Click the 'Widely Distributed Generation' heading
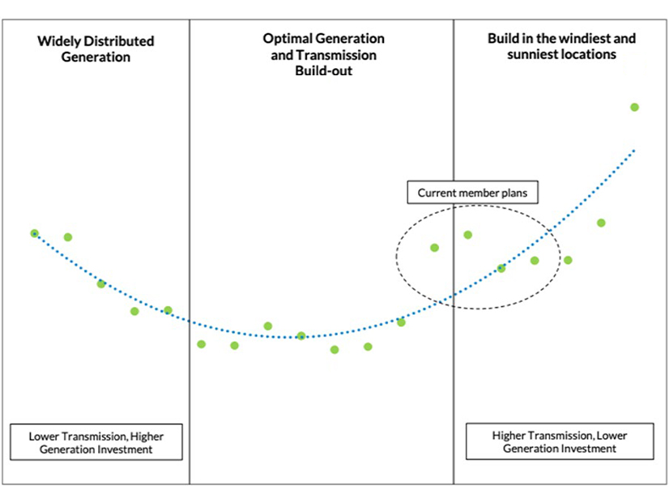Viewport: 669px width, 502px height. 96,49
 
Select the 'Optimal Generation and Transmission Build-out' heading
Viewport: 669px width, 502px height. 324,55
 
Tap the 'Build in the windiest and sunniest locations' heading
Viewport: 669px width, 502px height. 561,47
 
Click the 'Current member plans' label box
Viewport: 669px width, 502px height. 472,193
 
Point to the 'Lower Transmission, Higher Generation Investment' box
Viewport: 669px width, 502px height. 96,442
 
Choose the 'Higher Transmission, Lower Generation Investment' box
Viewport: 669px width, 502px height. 560,441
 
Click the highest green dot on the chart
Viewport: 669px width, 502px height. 634,107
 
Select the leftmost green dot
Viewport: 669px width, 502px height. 34,233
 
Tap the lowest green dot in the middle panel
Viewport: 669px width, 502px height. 334,350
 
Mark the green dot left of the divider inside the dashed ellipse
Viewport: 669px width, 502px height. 434,248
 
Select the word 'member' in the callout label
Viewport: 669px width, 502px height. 478,193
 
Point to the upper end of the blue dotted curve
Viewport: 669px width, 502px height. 633,151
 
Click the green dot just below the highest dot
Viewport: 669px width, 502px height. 601,223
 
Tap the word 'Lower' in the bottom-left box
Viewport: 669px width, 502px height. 45,436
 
